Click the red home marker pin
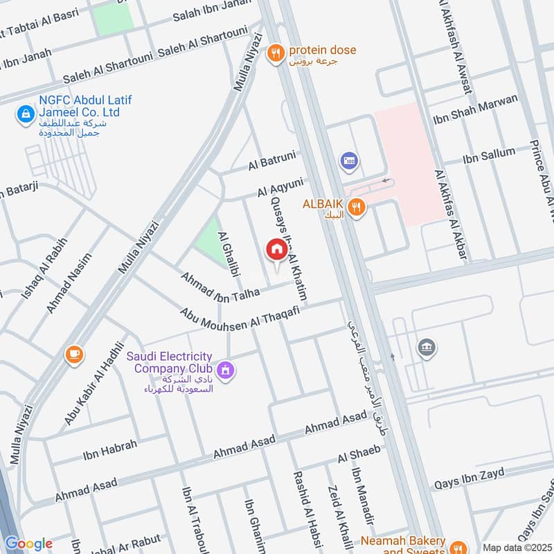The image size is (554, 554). coord(276,251)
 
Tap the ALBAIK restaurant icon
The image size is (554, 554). coord(356,206)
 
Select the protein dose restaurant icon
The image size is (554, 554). coord(276,52)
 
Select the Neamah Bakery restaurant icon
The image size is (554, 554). coord(456,546)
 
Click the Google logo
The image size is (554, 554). coord(28,544)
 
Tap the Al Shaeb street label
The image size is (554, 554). coord(359,455)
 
